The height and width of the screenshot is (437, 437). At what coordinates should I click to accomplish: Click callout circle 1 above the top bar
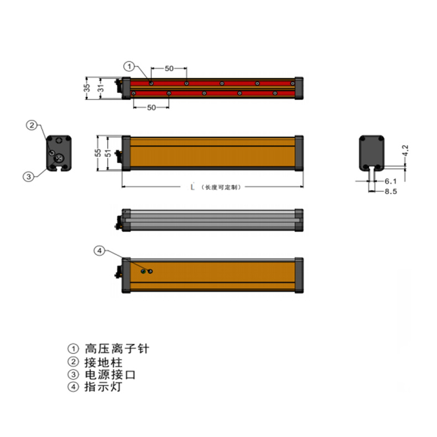click(129, 66)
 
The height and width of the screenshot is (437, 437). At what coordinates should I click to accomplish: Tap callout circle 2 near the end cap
click(32, 125)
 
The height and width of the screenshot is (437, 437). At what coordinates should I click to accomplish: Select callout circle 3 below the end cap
click(28, 176)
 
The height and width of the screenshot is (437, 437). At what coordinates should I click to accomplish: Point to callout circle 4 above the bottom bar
click(100, 251)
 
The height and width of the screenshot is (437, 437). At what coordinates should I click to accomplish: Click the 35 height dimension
click(87, 87)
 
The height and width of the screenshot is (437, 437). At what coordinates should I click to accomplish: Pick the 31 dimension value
click(101, 89)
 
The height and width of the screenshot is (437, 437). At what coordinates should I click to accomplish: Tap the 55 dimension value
click(97, 153)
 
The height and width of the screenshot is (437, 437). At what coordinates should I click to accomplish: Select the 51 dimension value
click(108, 153)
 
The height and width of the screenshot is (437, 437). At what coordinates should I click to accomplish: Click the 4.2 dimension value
click(405, 150)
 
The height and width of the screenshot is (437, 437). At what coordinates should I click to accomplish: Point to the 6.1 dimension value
click(391, 181)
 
